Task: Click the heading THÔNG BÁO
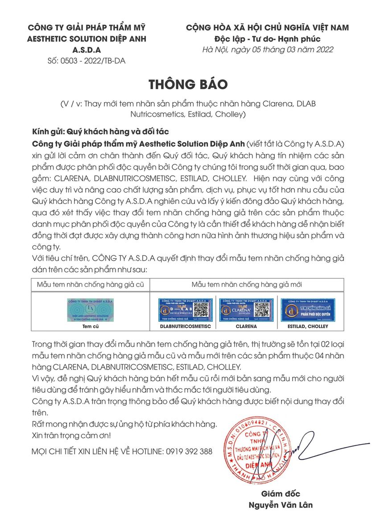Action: [188, 84]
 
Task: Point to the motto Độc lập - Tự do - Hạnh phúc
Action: [267, 38]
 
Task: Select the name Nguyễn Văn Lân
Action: [281, 505]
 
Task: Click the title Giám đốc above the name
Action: [281, 494]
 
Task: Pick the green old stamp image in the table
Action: [90, 310]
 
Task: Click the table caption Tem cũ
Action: [90, 326]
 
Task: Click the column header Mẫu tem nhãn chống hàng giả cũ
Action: [91, 284]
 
